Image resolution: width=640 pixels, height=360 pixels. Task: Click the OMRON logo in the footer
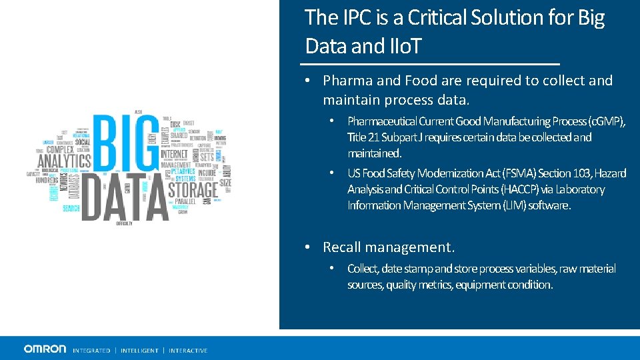point(45,349)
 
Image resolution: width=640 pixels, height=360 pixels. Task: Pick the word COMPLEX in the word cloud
point(60,149)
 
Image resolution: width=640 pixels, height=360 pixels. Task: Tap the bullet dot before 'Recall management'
point(307,247)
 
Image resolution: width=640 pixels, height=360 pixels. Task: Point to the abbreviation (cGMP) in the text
point(605,121)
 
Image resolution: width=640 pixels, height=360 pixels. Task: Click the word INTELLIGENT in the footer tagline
point(139,351)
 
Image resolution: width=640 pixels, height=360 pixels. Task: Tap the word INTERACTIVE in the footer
point(188,351)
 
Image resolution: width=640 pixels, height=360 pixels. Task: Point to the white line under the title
point(430,64)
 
